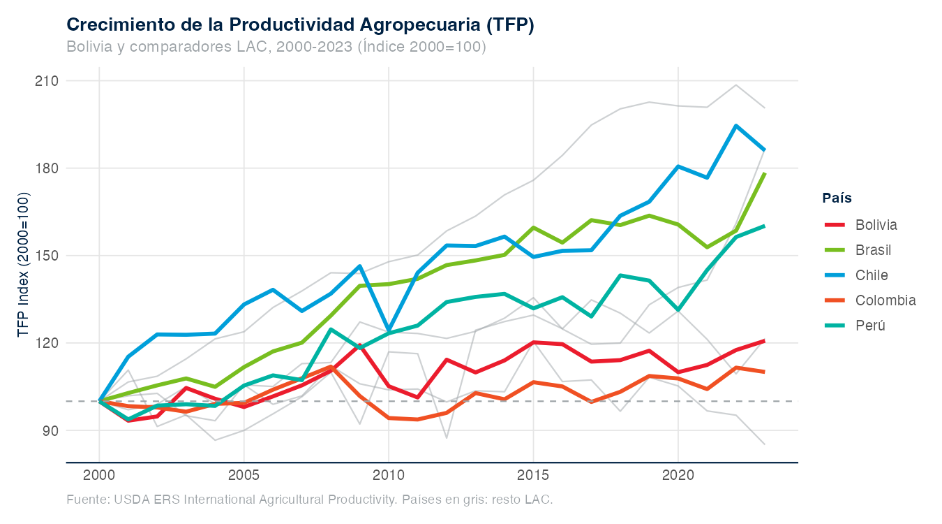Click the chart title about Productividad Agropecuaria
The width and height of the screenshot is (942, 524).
click(300, 24)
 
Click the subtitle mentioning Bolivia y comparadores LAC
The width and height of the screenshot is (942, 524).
click(276, 47)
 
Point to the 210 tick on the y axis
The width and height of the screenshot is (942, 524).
click(47, 81)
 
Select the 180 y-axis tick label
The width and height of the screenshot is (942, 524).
click(47, 168)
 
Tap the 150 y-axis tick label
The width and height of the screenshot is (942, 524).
click(47, 256)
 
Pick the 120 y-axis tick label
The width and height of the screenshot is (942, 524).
click(47, 343)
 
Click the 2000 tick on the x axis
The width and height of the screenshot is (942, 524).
click(99, 476)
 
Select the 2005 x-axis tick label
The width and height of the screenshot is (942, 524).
click(244, 476)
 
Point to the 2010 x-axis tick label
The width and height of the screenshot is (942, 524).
click(389, 476)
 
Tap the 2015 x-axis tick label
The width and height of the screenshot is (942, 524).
click(533, 476)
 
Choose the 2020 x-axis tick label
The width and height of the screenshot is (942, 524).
click(678, 476)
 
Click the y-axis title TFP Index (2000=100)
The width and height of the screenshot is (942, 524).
click(24, 265)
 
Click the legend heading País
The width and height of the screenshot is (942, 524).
click(837, 198)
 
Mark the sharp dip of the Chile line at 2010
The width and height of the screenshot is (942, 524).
click(389, 330)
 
